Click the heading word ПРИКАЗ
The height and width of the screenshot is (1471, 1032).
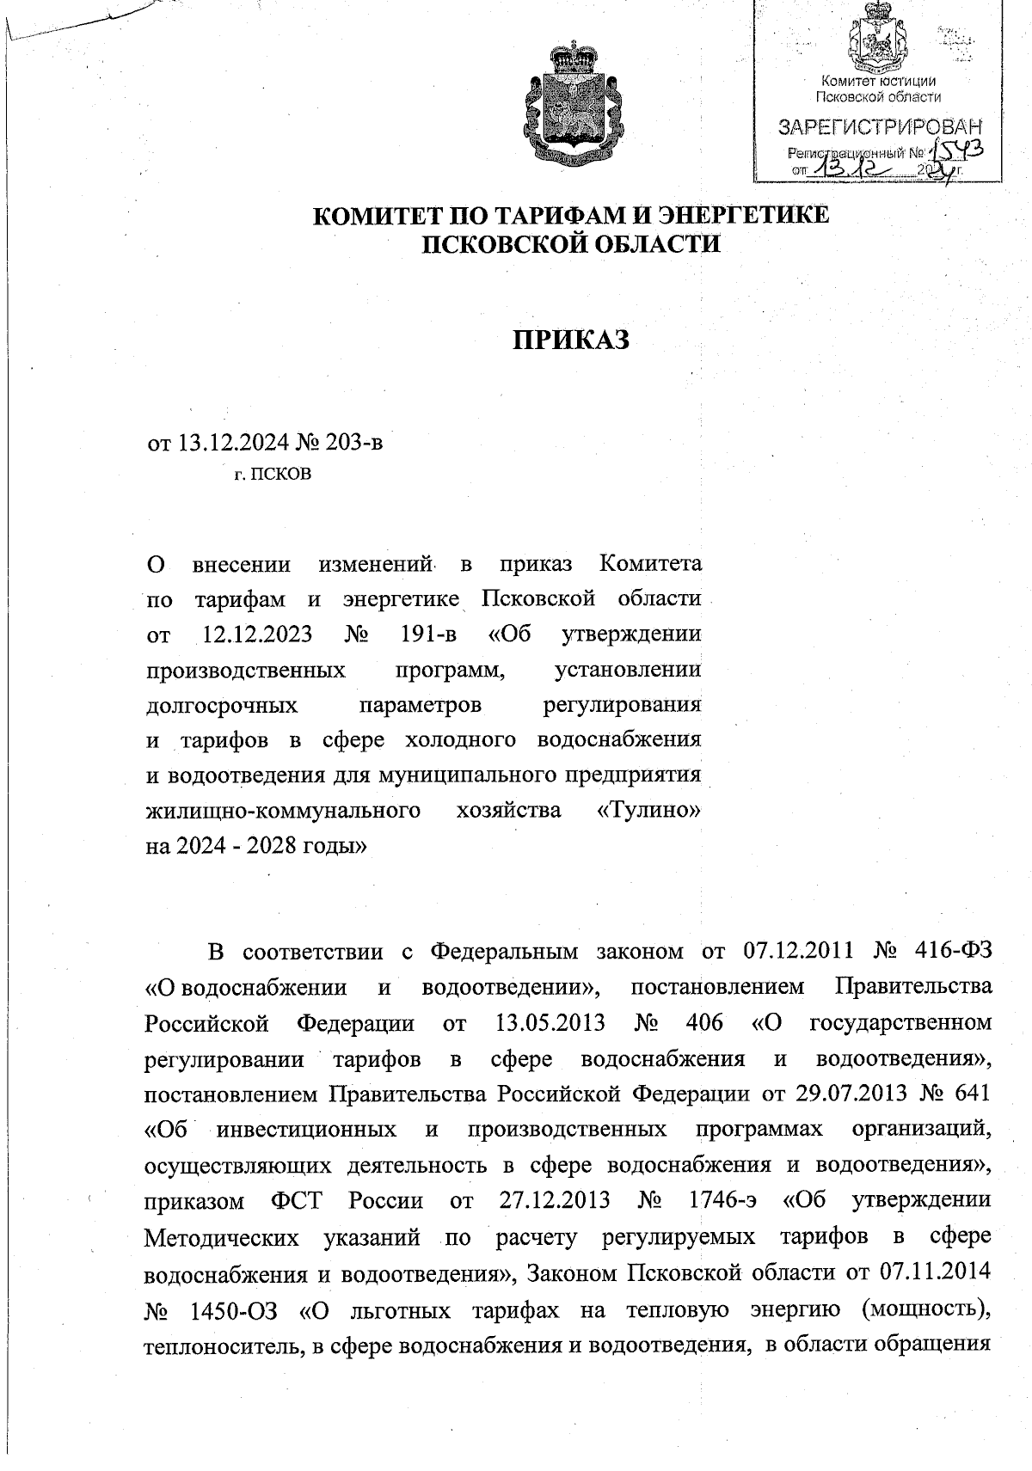pos(572,340)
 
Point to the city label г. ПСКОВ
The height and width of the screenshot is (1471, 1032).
pos(273,474)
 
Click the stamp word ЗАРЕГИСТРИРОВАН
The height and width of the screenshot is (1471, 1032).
pos(880,129)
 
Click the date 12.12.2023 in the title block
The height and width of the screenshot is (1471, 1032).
pos(257,634)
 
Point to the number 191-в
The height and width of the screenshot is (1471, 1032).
pos(428,634)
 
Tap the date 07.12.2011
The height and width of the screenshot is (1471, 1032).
pos(795,951)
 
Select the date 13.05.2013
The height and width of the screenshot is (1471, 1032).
pos(550,1023)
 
